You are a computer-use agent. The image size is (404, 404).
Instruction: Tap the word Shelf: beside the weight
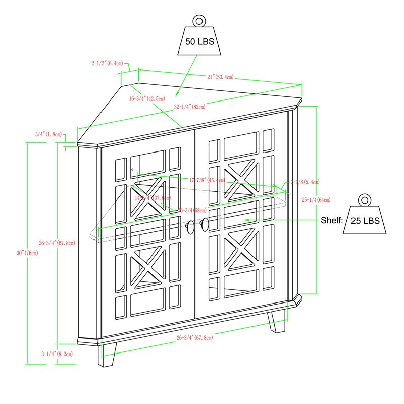tap(332, 221)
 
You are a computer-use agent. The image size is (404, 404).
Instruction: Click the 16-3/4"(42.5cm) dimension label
tap(147, 99)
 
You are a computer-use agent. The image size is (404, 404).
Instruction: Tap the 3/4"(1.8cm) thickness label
tap(48, 134)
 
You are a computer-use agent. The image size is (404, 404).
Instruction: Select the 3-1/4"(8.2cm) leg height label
tap(57, 354)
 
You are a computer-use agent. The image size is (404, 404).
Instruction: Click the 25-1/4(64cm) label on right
tap(316, 200)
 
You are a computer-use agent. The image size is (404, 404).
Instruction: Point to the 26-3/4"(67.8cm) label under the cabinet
tap(194, 337)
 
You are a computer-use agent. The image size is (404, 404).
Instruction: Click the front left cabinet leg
tap(108, 354)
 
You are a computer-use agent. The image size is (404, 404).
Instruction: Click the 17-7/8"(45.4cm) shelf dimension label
tap(208, 180)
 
